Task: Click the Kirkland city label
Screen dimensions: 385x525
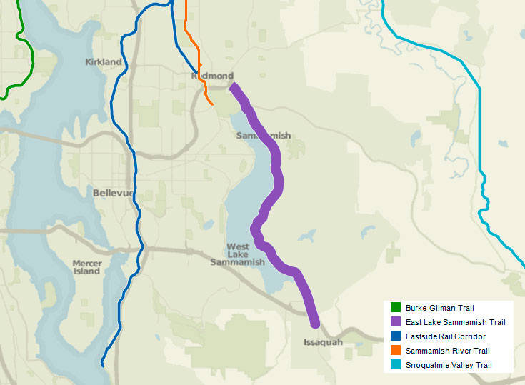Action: click(104, 62)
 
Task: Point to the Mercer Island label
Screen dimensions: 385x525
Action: click(86, 267)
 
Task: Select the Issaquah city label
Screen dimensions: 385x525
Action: click(318, 342)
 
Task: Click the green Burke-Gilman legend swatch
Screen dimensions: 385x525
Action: click(395, 308)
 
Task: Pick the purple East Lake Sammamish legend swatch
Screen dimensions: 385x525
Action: click(395, 322)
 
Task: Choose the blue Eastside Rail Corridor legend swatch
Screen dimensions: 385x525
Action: click(395, 336)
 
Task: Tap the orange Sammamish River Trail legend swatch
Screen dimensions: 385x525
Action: click(395, 351)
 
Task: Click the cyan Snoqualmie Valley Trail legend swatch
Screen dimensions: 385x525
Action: click(395, 365)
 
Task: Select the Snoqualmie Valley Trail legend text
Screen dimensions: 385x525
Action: click(449, 365)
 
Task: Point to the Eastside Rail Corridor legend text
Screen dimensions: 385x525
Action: click(446, 336)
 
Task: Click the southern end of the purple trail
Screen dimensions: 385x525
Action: click(315, 325)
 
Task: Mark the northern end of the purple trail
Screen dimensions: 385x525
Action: click(231, 86)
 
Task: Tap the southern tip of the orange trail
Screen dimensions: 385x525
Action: click(212, 105)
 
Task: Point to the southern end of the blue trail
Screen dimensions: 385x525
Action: click(102, 365)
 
